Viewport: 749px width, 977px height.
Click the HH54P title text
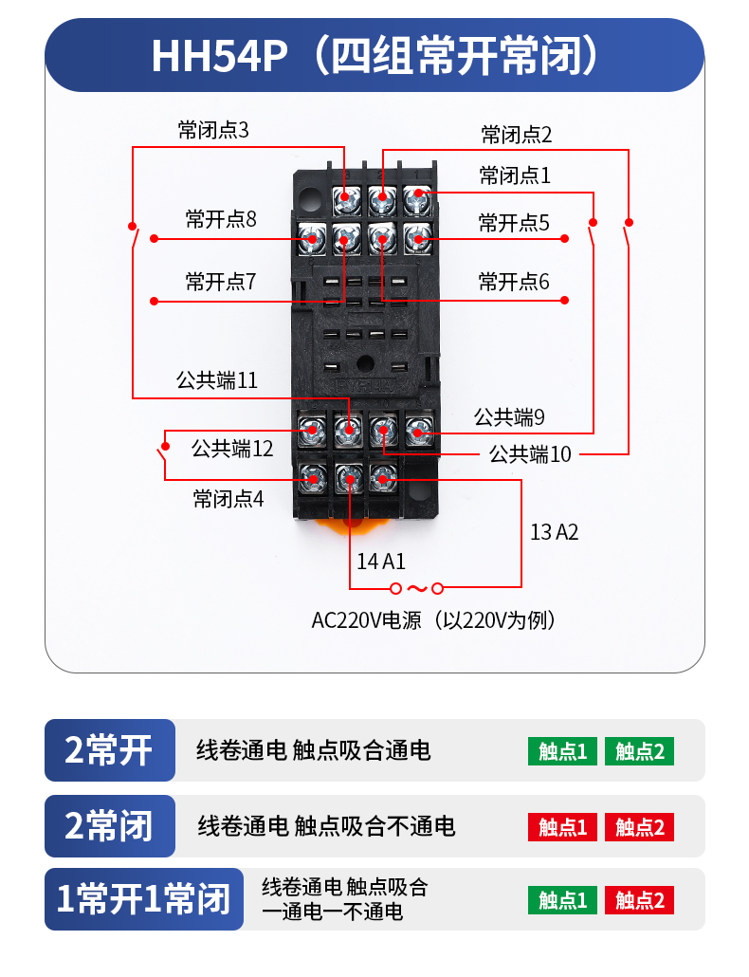374,55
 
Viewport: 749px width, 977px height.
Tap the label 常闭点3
213,130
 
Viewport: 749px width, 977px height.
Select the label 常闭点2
516,135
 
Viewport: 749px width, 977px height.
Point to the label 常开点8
221,220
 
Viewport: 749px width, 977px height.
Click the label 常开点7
221,282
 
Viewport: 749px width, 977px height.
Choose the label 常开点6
514,282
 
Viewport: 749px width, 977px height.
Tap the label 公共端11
217,381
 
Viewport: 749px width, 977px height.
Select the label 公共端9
509,416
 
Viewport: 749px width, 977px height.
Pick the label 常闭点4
228,498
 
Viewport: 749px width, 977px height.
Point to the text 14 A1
381,561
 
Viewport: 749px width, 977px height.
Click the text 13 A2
554,532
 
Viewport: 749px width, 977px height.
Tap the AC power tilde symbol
417,588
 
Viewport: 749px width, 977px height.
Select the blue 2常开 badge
110,750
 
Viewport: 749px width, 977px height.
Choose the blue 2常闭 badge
110,826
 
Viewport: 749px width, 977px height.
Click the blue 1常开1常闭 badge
144,898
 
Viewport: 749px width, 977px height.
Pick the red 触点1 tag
562,827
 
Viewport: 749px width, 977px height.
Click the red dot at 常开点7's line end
154,301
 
